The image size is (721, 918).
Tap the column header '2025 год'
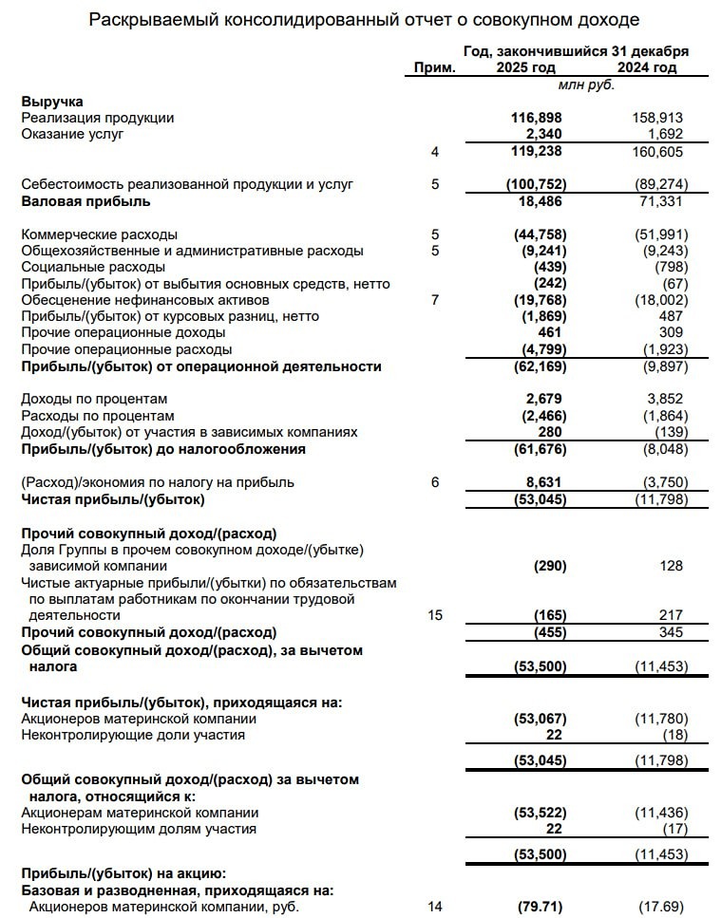coord(526,67)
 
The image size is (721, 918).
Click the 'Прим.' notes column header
coord(435,67)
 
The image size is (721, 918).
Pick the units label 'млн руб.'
coord(586,84)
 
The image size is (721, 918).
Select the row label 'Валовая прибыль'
coord(85,201)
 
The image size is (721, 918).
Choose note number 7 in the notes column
coord(435,300)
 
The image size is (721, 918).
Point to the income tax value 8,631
coord(546,482)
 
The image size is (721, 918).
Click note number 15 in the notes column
coord(435,615)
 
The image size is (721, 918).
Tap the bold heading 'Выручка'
coord(52,101)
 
